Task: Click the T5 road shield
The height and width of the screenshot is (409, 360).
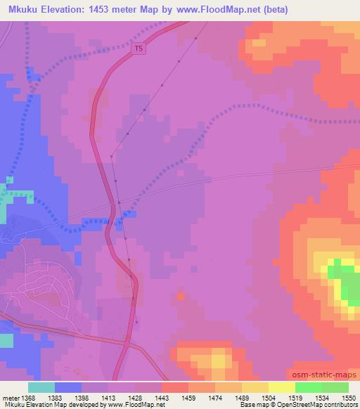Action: point(139,48)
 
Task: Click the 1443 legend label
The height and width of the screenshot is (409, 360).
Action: point(161,398)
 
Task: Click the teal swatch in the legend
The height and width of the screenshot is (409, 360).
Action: point(41,387)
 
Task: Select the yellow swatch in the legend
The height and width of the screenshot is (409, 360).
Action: point(281,387)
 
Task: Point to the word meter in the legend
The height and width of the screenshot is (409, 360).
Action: point(10,398)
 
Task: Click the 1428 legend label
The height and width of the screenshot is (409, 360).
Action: point(135,398)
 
